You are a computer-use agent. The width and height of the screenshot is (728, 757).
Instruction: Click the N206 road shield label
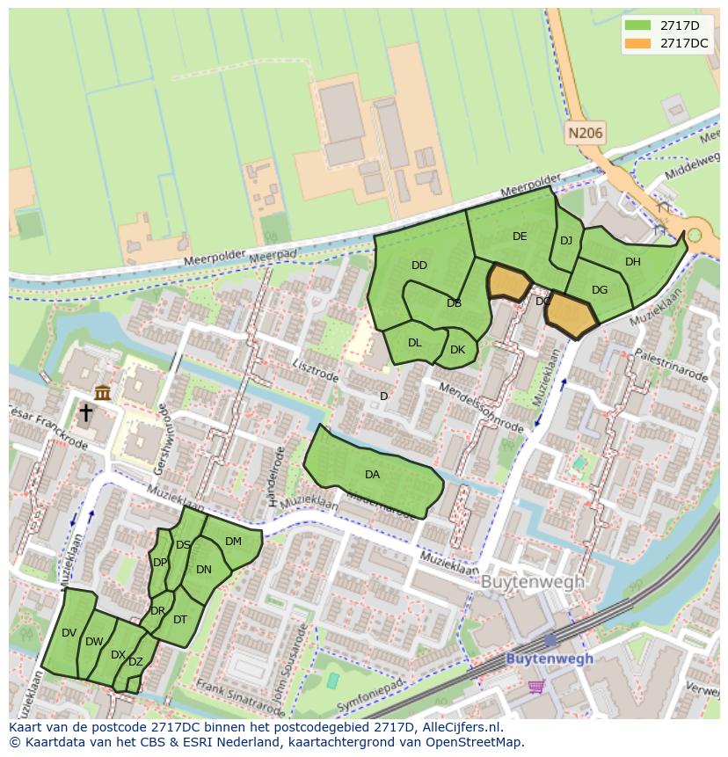(x=586, y=134)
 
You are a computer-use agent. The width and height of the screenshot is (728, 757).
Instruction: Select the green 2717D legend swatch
(x=639, y=25)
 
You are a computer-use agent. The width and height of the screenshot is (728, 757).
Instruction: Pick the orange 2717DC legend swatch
(x=639, y=43)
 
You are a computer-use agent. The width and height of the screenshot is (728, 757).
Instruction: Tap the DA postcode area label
(x=372, y=475)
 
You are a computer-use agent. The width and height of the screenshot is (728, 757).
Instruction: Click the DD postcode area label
(x=419, y=266)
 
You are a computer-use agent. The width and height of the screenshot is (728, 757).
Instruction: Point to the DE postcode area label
(x=520, y=237)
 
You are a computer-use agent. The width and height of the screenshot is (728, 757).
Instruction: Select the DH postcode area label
(x=633, y=262)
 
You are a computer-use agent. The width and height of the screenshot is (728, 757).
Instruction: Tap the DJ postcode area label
(x=566, y=241)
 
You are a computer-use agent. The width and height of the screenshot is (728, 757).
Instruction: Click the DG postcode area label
(x=600, y=290)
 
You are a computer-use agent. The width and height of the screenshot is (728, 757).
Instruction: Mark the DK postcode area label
(x=457, y=350)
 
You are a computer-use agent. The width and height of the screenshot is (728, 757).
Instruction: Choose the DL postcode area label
(x=415, y=343)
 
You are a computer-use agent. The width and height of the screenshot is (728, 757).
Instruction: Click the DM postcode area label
(x=233, y=542)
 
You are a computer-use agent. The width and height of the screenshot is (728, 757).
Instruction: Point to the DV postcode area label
(x=69, y=633)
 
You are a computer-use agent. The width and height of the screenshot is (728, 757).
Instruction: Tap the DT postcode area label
(x=180, y=620)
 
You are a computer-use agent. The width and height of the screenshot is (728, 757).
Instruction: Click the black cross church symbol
(x=86, y=412)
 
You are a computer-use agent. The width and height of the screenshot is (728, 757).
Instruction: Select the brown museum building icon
(x=103, y=393)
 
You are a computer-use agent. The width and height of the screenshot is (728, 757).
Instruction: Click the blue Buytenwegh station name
(x=550, y=659)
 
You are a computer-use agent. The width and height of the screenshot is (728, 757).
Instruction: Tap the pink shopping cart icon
(x=535, y=685)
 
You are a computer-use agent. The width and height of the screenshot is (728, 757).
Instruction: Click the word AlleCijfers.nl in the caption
(x=463, y=727)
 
